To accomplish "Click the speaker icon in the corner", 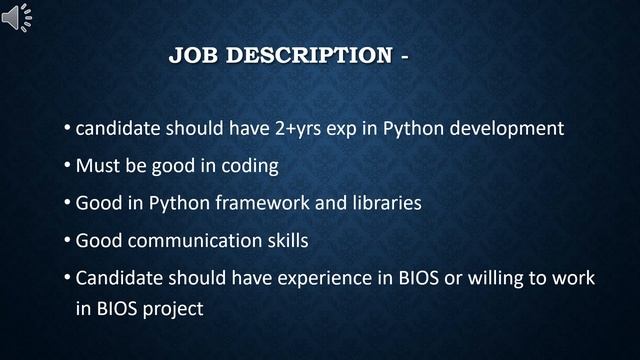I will (17, 17).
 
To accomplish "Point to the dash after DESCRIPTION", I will (405, 56).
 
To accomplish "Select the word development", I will (508, 129).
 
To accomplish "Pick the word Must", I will (98, 165).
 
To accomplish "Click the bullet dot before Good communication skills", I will (66, 241).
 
